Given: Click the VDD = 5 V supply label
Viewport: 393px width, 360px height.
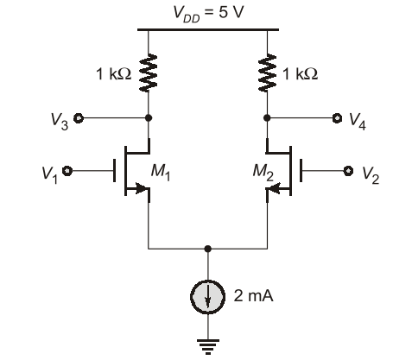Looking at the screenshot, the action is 208,14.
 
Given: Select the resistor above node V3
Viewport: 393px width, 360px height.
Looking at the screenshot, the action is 149,73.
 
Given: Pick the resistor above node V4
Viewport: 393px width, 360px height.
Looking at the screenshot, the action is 267,73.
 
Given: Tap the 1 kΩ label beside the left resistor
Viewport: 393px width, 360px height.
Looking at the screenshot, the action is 113,74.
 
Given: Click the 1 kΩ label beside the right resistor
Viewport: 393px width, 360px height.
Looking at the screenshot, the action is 301,74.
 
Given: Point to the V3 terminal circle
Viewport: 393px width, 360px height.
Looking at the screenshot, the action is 79,118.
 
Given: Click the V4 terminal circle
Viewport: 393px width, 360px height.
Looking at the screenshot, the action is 337,118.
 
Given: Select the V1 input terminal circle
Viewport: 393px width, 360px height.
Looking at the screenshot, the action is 67,171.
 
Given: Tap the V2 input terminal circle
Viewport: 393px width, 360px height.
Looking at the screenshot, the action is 348,171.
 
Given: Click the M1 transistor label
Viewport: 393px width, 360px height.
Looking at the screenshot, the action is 161,172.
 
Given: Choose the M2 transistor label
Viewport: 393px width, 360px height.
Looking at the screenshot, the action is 263,172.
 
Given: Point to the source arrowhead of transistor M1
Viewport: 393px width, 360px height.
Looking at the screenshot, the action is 142,188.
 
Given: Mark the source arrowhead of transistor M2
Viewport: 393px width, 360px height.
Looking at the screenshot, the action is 274,188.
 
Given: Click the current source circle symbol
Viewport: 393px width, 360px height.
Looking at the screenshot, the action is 207,297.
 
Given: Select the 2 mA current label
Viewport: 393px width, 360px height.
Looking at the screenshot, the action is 253,295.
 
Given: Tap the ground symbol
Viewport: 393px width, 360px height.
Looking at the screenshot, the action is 208,346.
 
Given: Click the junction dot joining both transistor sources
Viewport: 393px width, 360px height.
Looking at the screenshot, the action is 207,249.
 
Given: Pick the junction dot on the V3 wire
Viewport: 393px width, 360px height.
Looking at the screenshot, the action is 149,118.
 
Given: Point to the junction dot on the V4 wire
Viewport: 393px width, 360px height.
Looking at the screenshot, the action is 267,118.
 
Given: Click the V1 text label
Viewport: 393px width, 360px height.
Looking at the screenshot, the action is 50,174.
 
